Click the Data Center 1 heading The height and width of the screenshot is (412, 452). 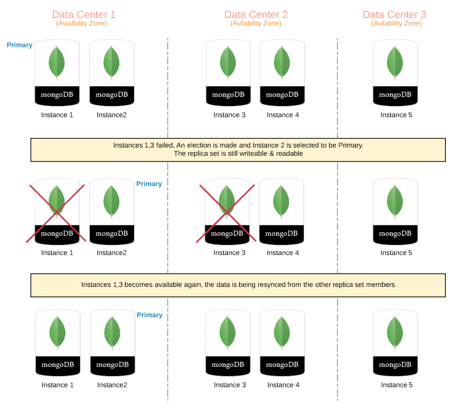(84, 14)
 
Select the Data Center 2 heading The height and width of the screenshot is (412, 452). (256, 14)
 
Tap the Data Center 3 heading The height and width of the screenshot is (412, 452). (394, 14)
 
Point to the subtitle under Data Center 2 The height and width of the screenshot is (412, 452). (256, 23)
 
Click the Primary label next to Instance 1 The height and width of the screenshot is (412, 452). (20, 45)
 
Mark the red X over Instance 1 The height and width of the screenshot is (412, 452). (57, 213)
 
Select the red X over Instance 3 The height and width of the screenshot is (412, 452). (227, 213)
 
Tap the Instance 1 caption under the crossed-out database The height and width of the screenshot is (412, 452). (57, 253)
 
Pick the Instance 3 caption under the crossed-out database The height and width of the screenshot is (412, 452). (229, 253)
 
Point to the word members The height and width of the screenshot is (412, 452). (380, 284)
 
